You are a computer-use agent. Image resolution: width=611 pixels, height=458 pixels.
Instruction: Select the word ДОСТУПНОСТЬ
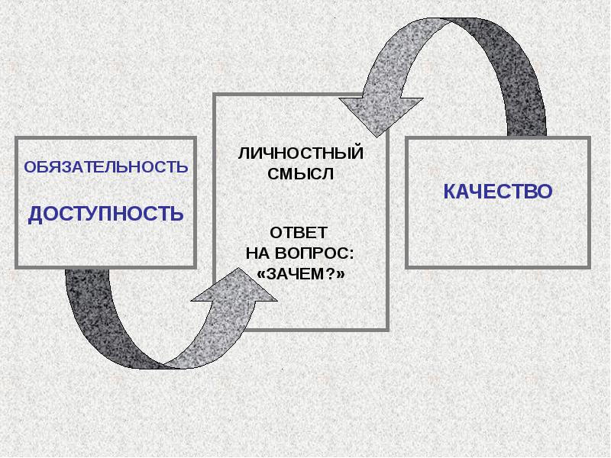tap(105, 214)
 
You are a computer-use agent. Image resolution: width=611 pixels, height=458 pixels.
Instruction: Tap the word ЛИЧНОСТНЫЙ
tap(301, 153)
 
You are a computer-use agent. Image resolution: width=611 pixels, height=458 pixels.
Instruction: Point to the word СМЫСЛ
tap(301, 173)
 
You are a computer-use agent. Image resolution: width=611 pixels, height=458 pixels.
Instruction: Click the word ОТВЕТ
tap(299, 232)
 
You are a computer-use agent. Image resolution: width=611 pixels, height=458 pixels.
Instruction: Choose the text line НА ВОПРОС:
tap(299, 253)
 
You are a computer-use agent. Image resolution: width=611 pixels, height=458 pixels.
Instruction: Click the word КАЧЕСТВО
tap(497, 192)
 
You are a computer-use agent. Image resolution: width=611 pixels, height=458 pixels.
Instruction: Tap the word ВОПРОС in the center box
tap(315, 253)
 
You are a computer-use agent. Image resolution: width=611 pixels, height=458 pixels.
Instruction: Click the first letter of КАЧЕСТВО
tap(450, 192)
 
